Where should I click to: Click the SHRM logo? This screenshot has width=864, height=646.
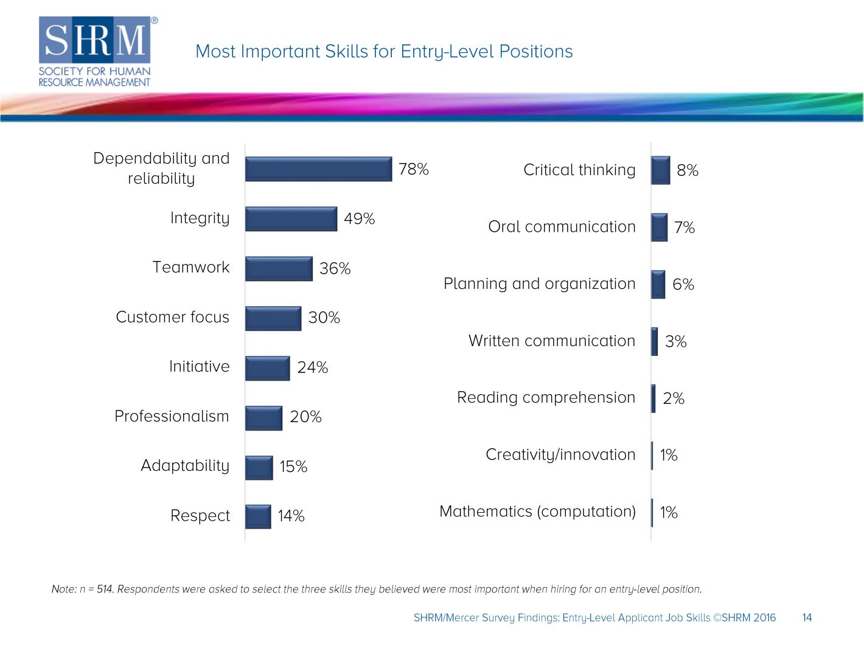tap(95, 52)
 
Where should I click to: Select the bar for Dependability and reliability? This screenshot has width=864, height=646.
tap(318, 169)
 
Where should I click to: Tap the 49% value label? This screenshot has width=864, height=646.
tap(359, 219)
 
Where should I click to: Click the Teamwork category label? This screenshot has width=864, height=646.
tap(191, 268)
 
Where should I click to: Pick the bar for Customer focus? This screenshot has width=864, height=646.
tap(273, 319)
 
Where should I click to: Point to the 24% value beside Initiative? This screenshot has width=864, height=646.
tap(312, 367)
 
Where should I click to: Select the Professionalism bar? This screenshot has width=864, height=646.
tap(263, 418)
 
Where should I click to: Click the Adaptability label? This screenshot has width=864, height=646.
tap(185, 466)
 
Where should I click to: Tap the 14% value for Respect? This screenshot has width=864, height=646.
tap(291, 516)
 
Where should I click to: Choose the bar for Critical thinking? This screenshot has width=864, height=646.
tap(660, 170)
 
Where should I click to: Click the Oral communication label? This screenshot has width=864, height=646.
tap(562, 227)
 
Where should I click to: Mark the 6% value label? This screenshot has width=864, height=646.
tap(683, 285)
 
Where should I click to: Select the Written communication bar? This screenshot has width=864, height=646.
tap(655, 341)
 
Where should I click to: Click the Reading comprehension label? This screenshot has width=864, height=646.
tap(546, 398)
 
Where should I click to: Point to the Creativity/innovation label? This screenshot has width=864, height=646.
tap(560, 455)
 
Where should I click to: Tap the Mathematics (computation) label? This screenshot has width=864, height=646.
tap(537, 512)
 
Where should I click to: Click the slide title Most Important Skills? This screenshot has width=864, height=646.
tap(384, 52)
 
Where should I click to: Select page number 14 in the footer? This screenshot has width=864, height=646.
tap(807, 618)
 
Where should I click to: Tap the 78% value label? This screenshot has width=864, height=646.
tap(413, 169)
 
